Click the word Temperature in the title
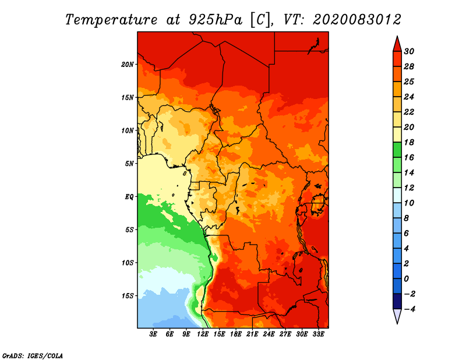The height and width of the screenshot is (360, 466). (x=111, y=20)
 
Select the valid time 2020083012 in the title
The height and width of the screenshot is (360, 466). (x=357, y=20)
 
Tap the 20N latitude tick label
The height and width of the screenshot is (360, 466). (x=128, y=65)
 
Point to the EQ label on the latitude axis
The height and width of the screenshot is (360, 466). (x=129, y=197)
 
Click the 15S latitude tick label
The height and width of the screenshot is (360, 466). (x=128, y=296)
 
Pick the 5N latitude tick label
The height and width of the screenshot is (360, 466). (x=129, y=164)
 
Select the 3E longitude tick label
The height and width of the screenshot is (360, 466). (x=153, y=334)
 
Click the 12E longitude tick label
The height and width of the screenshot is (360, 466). (x=203, y=334)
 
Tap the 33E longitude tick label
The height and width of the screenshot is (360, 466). (x=318, y=334)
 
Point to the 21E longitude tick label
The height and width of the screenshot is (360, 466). (x=252, y=334)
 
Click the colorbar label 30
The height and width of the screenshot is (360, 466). (x=409, y=51)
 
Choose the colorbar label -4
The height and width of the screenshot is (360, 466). (x=409, y=309)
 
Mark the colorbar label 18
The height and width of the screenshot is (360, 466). (x=409, y=142)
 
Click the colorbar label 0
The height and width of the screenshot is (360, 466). (x=406, y=279)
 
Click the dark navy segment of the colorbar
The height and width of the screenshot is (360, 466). (x=397, y=301)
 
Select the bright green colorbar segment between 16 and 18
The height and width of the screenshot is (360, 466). (x=397, y=150)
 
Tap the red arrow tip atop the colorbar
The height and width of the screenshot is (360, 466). (x=397, y=37)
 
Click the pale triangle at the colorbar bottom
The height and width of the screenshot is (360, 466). (x=397, y=316)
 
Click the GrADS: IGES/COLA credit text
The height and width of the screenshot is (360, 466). (x=33, y=356)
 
